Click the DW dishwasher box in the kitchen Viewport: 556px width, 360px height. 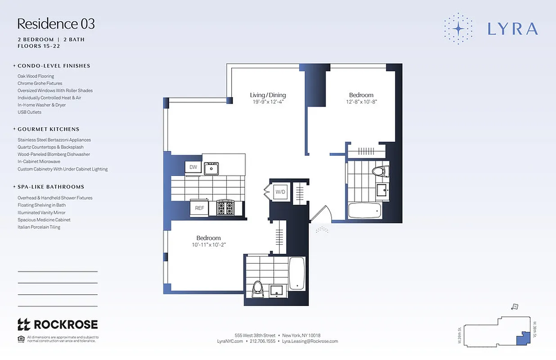(193, 167)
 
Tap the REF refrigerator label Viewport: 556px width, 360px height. (199, 208)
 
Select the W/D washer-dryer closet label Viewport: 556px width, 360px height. (281, 192)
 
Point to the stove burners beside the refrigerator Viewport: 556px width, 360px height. (225, 208)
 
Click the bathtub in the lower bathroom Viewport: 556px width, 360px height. (297, 273)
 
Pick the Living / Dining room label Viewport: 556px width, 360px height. (268, 95)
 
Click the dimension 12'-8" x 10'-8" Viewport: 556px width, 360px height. (361, 102)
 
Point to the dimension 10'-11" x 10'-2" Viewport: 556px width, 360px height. (208, 245)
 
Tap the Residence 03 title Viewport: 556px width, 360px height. (56, 23)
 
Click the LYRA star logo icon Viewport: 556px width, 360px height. (458, 28)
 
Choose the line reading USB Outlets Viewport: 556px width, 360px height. (29, 112)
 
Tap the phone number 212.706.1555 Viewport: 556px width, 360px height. (262, 342)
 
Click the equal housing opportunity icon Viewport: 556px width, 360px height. (21, 339)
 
